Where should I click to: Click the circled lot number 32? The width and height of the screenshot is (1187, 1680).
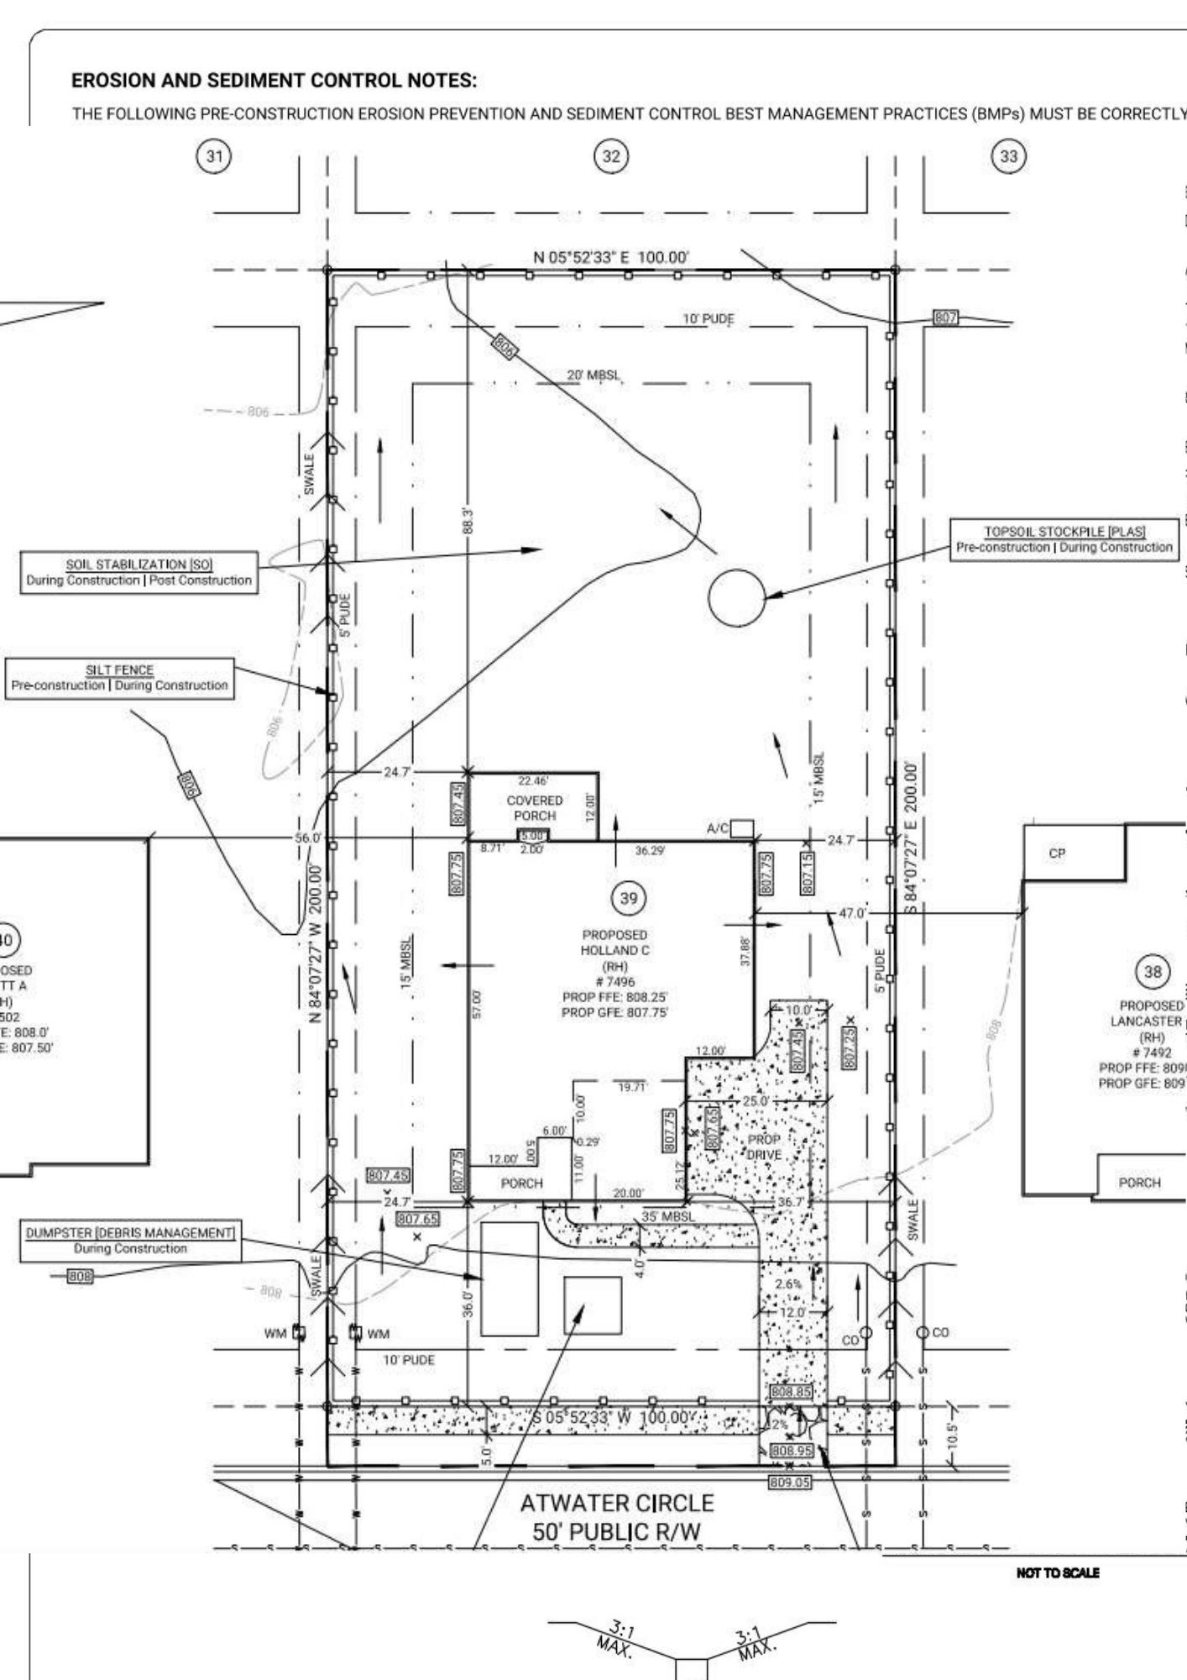pyautogui.click(x=611, y=156)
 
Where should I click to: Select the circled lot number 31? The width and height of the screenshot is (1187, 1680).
pyautogui.click(x=216, y=156)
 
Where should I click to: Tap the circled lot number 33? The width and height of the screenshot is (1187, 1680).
pyautogui.click(x=1008, y=156)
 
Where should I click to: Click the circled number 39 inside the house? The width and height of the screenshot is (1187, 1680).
pyautogui.click(x=628, y=899)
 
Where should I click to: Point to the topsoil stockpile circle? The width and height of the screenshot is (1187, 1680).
pyautogui.click(x=737, y=597)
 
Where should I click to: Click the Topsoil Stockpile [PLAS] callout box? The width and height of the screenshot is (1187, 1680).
pyautogui.click(x=1064, y=539)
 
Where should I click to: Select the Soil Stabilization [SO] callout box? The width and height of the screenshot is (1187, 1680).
pyautogui.click(x=139, y=572)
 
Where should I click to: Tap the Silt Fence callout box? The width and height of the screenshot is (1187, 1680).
pyautogui.click(x=120, y=678)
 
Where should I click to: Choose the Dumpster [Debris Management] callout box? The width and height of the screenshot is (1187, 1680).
pyautogui.click(x=130, y=1241)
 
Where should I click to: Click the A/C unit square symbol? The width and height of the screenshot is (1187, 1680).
pyautogui.click(x=742, y=829)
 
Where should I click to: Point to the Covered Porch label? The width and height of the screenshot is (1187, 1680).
pyautogui.click(x=535, y=808)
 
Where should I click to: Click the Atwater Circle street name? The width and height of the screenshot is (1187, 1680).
pyautogui.click(x=617, y=1504)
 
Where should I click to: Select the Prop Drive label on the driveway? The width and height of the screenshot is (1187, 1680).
pyautogui.click(x=764, y=1147)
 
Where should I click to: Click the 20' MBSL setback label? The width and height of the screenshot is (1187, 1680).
pyautogui.click(x=593, y=375)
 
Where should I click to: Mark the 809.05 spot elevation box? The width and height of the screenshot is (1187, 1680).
pyautogui.click(x=790, y=1483)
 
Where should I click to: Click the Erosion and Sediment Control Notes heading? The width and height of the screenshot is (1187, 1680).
pyautogui.click(x=274, y=81)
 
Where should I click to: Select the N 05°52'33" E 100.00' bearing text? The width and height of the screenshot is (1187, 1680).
pyautogui.click(x=611, y=257)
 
